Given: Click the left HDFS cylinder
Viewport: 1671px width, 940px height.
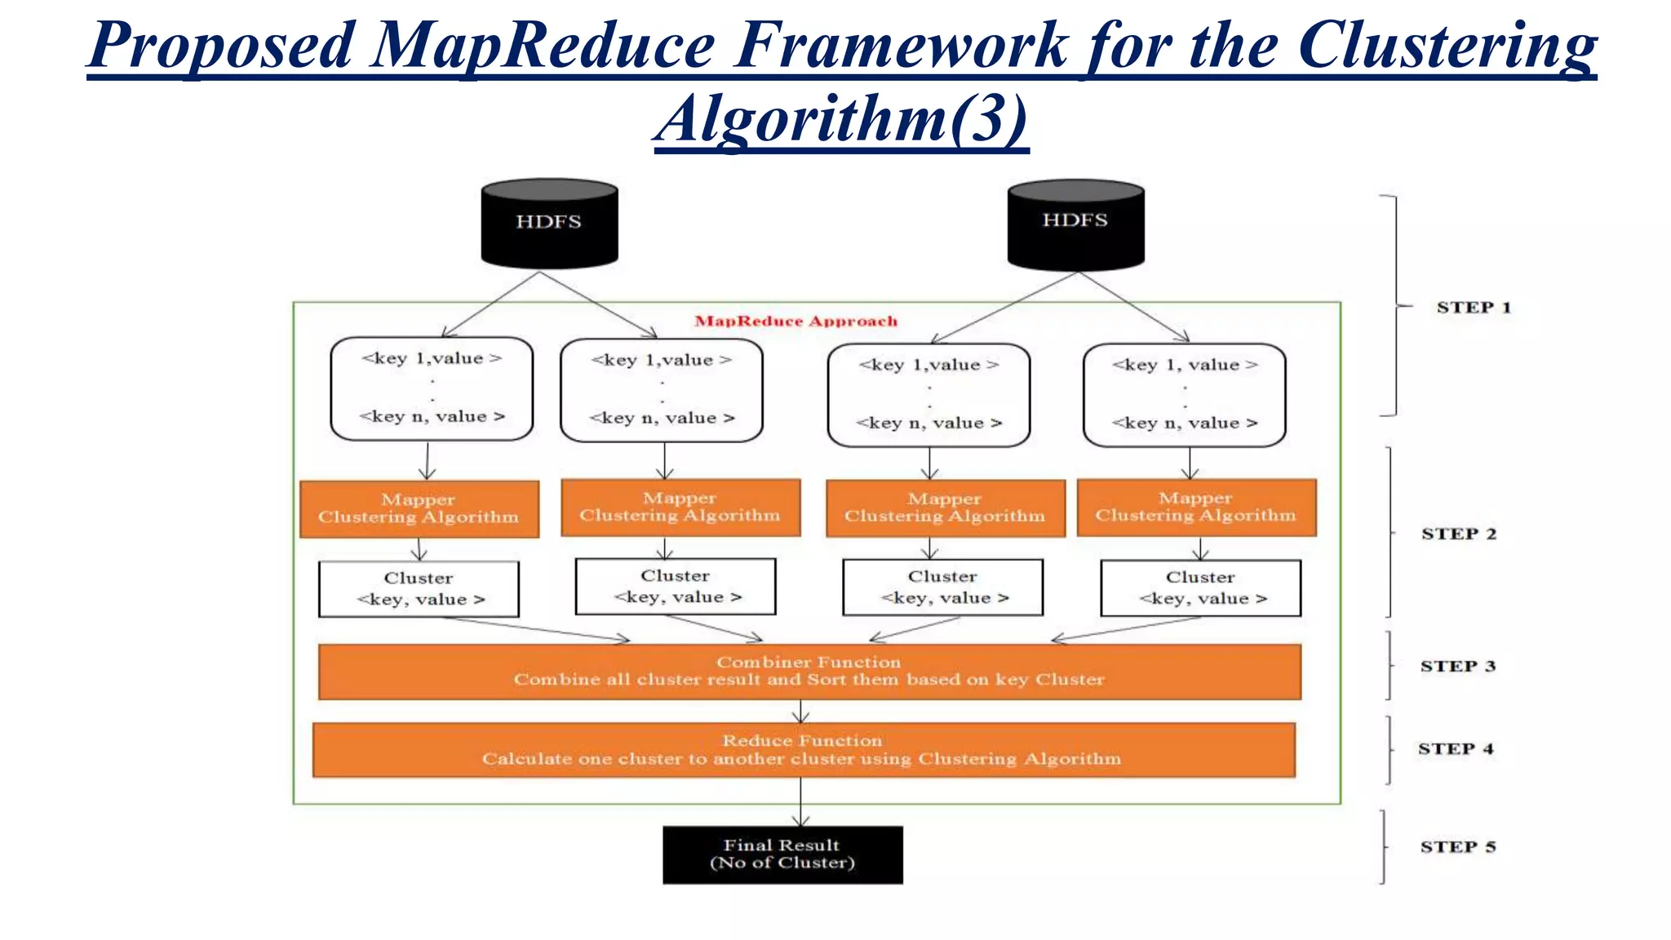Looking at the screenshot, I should point(549,224).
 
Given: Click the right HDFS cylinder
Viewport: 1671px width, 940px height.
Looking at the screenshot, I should point(1075,224).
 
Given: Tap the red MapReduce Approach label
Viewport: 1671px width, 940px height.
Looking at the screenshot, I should point(796,321).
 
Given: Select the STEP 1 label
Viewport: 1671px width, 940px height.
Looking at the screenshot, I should point(1474,308).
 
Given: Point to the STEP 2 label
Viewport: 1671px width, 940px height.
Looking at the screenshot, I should point(1458,534).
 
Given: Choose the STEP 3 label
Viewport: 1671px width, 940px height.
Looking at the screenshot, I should point(1457,666).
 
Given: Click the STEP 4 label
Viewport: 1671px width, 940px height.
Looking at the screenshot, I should point(1455,749).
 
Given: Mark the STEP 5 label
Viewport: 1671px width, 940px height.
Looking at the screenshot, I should point(1457,847).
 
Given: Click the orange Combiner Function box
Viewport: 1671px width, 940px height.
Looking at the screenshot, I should point(809,672).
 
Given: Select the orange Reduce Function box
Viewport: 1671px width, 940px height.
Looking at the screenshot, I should point(803,750).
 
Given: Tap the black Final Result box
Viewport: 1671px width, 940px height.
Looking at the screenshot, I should point(782,854).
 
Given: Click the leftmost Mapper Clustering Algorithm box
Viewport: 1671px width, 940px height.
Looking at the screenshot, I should point(419,508).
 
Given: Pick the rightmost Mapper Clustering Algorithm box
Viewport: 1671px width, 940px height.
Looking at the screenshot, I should point(1195,507).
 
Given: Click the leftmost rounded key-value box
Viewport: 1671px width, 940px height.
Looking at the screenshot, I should point(432,388).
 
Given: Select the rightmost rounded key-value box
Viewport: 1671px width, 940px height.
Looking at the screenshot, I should point(1184,394).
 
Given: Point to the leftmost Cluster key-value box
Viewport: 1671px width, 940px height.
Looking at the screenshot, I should point(419,588).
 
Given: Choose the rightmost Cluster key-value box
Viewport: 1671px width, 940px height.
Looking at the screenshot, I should point(1200,587).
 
